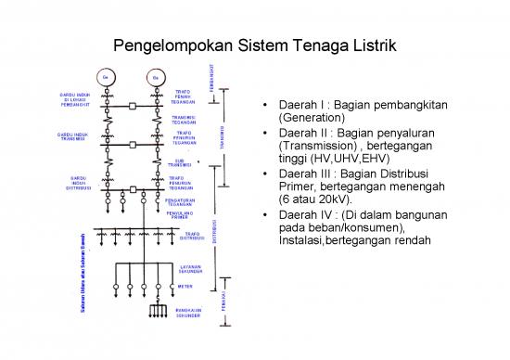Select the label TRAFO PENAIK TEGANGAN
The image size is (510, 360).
(x=184, y=96)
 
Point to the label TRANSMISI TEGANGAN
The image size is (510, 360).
(x=184, y=120)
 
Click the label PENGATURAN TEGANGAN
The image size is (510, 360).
(x=179, y=201)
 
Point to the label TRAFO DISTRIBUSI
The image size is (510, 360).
(x=193, y=236)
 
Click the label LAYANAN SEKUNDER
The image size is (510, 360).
(x=191, y=270)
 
